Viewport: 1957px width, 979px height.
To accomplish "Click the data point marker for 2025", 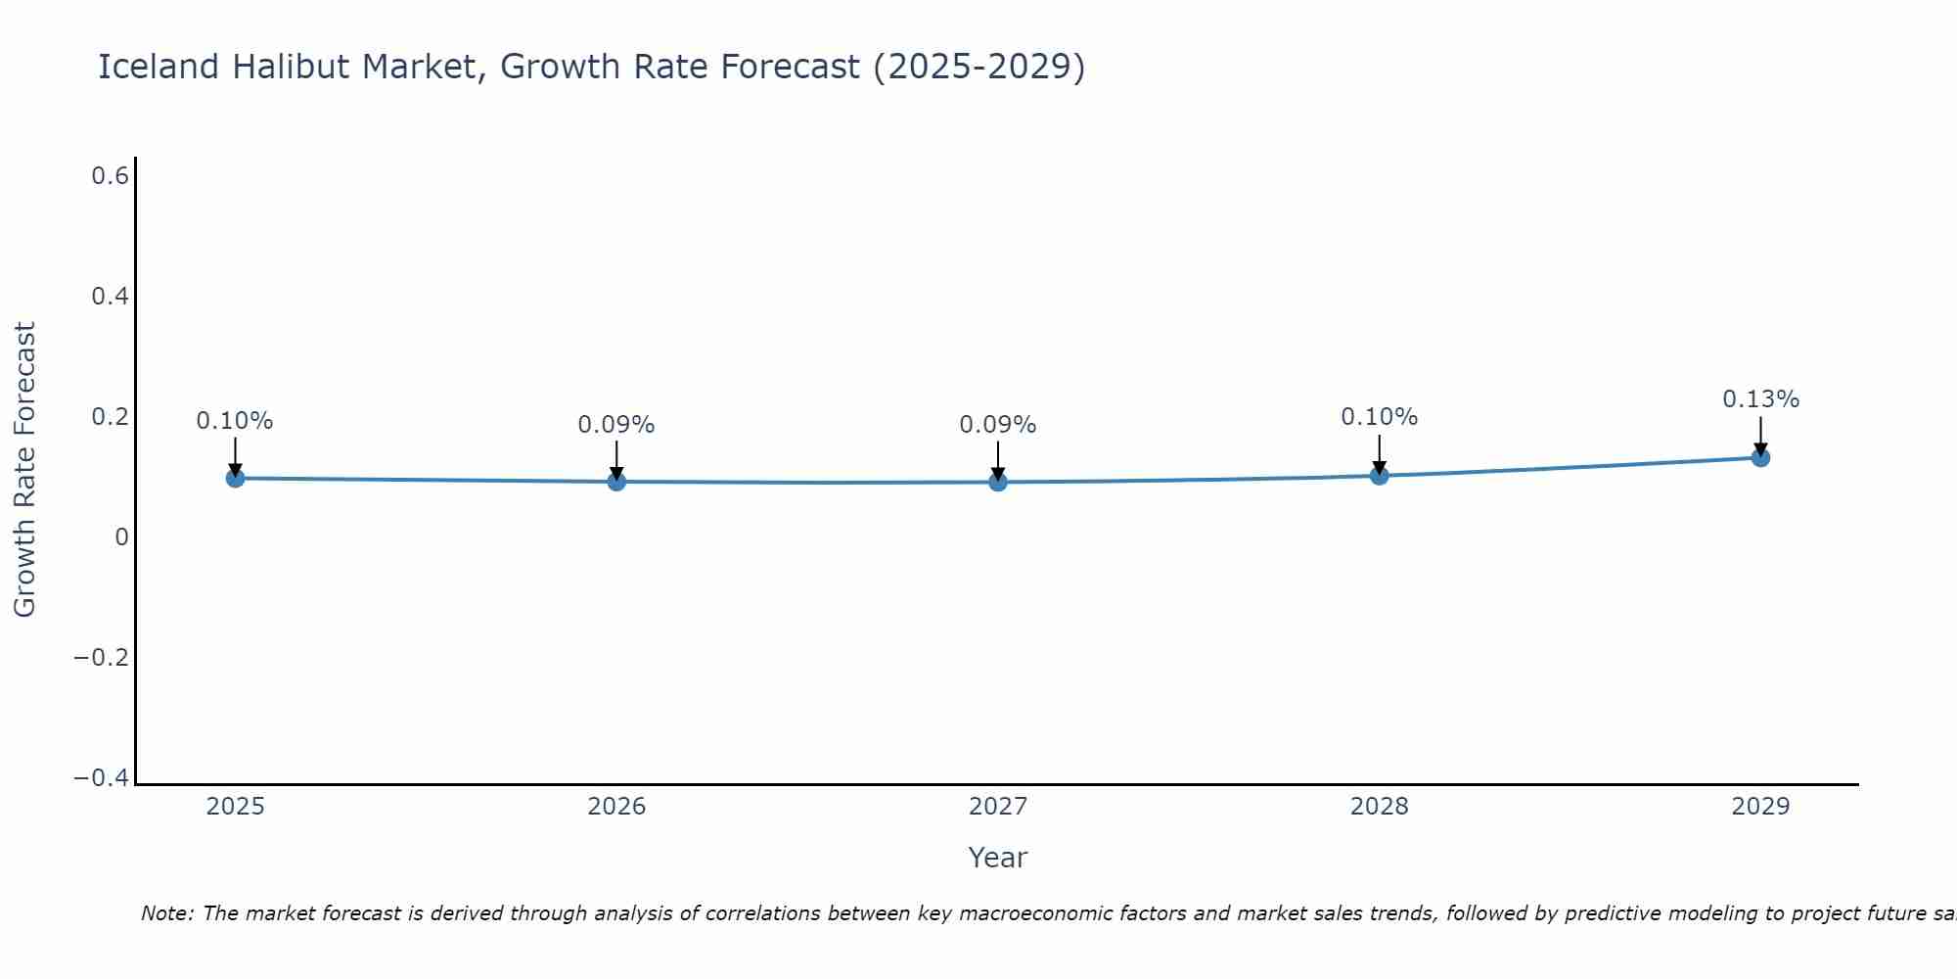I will tap(235, 478).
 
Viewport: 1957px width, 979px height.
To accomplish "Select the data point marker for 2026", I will tap(616, 481).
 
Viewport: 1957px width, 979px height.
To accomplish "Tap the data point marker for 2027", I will tap(998, 482).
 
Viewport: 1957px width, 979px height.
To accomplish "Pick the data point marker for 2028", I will tap(1380, 476).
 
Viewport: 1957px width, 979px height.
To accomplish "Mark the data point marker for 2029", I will tap(1760, 457).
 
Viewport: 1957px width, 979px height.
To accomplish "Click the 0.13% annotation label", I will tap(1760, 399).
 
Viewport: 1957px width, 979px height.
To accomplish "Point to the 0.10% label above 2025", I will tap(235, 421).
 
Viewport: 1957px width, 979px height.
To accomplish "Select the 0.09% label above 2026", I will tap(616, 425).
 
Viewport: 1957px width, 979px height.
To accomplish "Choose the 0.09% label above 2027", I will tap(998, 425).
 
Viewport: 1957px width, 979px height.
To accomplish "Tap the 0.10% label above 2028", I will tap(1380, 417).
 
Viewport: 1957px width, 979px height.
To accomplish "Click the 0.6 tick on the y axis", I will tap(110, 176).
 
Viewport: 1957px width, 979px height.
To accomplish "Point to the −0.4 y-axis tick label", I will tap(101, 777).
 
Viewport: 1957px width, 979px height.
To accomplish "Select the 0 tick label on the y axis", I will tap(121, 536).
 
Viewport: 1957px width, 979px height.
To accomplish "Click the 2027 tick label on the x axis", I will tap(998, 807).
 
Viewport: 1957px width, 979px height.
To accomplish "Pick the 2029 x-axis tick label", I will tap(1760, 807).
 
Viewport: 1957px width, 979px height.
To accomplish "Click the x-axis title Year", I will tap(997, 858).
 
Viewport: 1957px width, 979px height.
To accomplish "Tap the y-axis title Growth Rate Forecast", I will tap(24, 470).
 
